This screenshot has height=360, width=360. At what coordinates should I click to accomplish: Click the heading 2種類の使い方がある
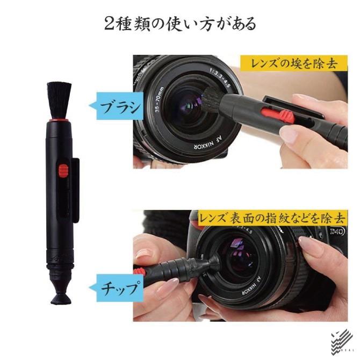click(180, 24)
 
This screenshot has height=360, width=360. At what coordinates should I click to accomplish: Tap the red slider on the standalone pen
click(63, 171)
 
